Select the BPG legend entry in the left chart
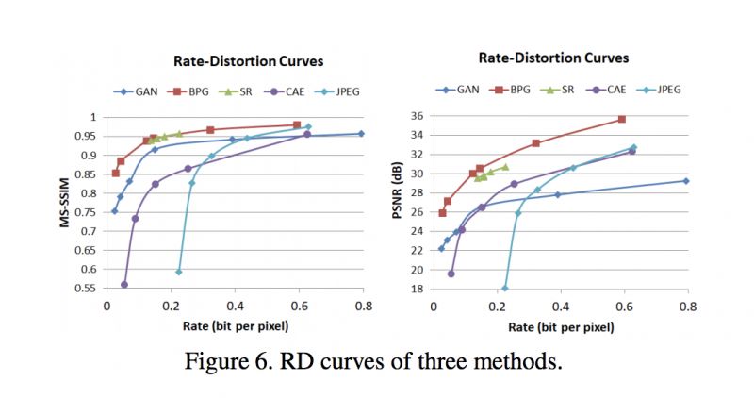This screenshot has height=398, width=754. (188, 91)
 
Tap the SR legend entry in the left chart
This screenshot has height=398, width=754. (240, 91)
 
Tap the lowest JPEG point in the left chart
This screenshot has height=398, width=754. (179, 272)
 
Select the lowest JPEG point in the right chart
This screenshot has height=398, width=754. (505, 288)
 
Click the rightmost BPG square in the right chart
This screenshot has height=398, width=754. (621, 120)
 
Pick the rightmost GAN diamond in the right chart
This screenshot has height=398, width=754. (686, 181)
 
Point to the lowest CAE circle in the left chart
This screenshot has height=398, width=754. (124, 284)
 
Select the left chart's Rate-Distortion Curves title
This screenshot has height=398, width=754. (248, 61)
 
